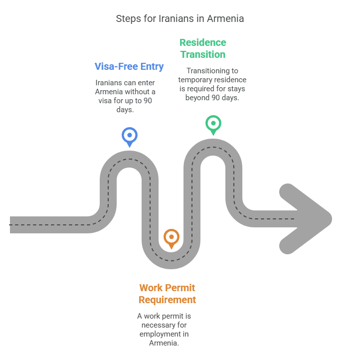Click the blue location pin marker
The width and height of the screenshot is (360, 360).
click(x=130, y=137)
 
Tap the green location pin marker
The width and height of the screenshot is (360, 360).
click(x=213, y=125)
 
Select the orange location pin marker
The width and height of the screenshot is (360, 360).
click(x=172, y=239)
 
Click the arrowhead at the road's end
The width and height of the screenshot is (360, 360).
click(x=306, y=219)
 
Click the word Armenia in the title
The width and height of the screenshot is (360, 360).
click(x=225, y=18)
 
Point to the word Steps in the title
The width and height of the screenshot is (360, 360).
click(x=129, y=19)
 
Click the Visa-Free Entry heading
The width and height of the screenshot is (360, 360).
click(x=129, y=66)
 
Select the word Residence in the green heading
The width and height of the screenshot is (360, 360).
click(x=203, y=42)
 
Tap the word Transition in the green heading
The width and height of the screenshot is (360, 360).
click(x=203, y=54)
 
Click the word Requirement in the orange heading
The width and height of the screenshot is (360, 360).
click(x=167, y=300)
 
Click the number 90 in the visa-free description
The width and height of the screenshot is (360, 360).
click(x=148, y=101)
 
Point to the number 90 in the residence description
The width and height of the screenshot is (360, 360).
click(x=215, y=98)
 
